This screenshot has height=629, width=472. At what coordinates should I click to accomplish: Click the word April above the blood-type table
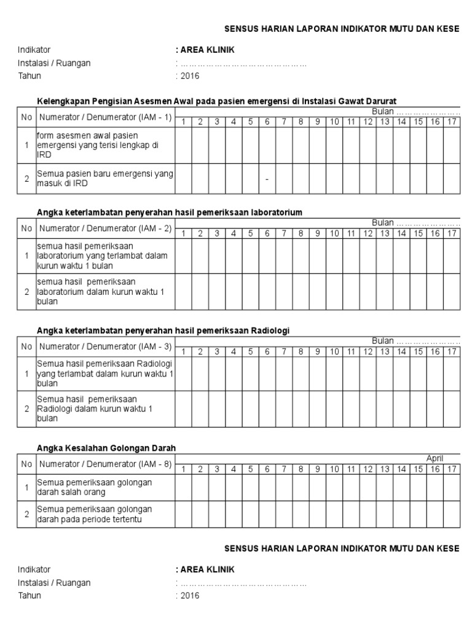pos(435,459)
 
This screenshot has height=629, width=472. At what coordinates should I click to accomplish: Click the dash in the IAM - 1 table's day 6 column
pos(267,179)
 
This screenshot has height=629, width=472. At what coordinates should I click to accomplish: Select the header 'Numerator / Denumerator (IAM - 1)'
pos(106,117)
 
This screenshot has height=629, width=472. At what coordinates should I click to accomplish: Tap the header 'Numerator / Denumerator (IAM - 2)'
pos(106,229)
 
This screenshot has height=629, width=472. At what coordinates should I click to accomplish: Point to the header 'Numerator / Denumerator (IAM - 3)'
pos(106,346)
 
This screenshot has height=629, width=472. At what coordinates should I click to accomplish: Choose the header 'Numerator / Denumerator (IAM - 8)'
pos(106,464)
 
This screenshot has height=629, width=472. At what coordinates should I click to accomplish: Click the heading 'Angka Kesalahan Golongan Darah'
pos(102,448)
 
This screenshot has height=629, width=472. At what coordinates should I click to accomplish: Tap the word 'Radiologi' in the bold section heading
pos(270,330)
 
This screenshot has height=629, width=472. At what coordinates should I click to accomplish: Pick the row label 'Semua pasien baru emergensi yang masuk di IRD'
pos(105,179)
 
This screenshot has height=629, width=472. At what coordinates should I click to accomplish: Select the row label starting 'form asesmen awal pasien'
pos(97,145)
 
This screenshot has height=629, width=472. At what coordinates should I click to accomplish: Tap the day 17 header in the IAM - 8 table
pos(452,470)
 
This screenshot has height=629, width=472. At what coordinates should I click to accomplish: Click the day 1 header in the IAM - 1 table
pos(183,122)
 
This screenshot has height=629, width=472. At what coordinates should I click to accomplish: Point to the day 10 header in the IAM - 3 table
pos(334,351)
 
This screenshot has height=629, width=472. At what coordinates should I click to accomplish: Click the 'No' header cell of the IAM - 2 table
pos(26,229)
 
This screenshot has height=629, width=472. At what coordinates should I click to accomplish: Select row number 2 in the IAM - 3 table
pos(26,409)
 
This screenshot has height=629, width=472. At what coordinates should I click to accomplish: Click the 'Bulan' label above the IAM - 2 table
pos(382,222)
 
